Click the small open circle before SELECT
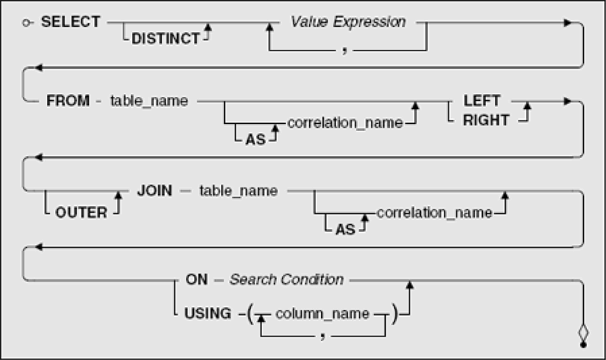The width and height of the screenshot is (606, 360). click(x=26, y=23)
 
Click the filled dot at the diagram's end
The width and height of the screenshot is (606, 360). click(x=583, y=344)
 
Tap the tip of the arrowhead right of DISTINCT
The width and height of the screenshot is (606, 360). click(x=207, y=24)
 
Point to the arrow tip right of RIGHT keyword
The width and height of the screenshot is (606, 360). click(x=527, y=103)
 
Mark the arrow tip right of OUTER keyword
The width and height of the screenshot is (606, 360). click(x=119, y=192)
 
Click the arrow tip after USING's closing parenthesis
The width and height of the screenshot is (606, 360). click(x=409, y=281)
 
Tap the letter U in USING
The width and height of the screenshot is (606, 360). click(x=189, y=314)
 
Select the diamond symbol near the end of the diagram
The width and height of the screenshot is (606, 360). click(x=583, y=332)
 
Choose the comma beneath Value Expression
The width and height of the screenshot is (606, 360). click(x=344, y=50)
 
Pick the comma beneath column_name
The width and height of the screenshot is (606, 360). click(x=323, y=336)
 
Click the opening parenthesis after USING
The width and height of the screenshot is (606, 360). click(x=250, y=314)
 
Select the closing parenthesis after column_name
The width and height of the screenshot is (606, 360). click(x=394, y=314)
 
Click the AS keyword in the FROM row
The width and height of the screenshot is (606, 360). click(x=255, y=139)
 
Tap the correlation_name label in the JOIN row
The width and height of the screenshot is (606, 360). click(x=434, y=213)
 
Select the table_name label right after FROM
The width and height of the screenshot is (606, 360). click(x=149, y=101)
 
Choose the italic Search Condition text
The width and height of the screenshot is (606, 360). click(x=286, y=279)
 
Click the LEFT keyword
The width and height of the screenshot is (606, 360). click(x=482, y=101)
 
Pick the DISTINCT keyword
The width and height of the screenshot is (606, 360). click(x=166, y=38)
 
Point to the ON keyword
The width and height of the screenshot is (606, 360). click(x=197, y=279)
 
